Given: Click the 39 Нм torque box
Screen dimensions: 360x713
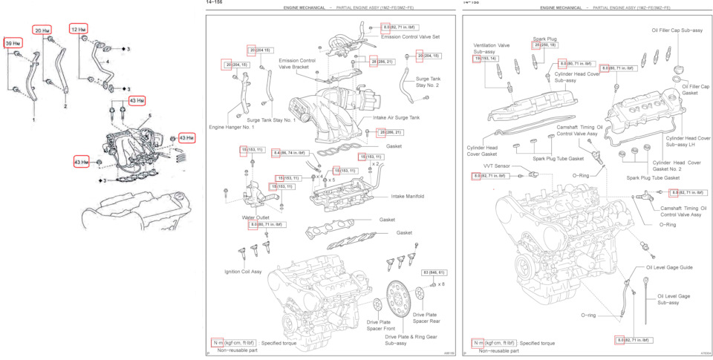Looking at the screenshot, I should point(13,44).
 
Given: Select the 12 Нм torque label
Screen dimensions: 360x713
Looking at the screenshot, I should point(79,29).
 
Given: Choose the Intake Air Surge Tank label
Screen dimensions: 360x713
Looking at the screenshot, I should point(391,117).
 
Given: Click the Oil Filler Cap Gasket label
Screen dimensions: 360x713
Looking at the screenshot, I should point(694,89).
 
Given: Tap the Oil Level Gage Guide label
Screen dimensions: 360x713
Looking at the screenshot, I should point(668,267).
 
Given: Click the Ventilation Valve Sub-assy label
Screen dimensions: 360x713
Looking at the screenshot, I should point(491,48).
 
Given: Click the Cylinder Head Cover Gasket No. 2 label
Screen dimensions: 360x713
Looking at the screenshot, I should point(677,166).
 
